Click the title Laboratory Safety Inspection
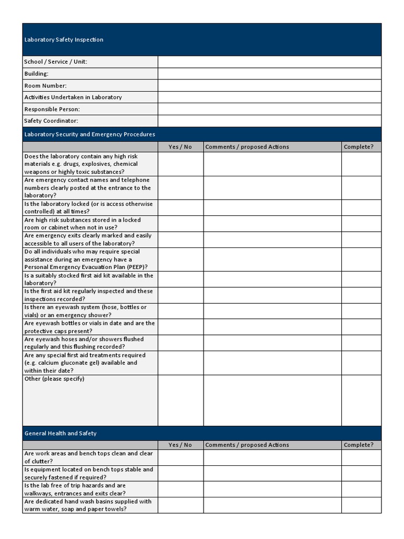[x=64, y=40]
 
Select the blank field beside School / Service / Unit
[x=269, y=62]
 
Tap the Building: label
[x=36, y=74]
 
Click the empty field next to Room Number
[x=269, y=85]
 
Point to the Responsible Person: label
[x=52, y=109]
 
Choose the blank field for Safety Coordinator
[x=269, y=121]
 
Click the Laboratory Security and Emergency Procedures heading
[x=89, y=134]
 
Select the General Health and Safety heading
[x=60, y=433]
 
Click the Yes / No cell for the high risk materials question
[x=180, y=164]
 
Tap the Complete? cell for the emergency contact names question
[x=361, y=188]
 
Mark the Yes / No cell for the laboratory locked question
[x=180, y=207]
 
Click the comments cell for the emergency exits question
[x=272, y=239]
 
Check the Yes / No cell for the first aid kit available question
[x=180, y=279]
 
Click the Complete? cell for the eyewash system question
[x=361, y=311]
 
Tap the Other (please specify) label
[x=54, y=379]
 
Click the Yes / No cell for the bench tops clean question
[x=180, y=457]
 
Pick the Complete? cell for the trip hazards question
[x=361, y=489]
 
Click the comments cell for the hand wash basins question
[x=272, y=505]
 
